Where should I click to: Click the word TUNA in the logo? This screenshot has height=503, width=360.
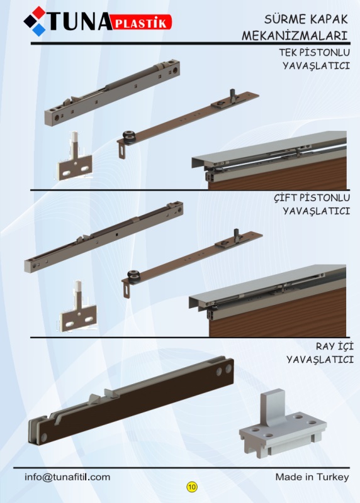pos(79,22)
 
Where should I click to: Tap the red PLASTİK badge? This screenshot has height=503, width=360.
pos(142,22)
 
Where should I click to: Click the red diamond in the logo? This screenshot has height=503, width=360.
pos(39,12)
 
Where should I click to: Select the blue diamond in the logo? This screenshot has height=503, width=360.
pos(39,30)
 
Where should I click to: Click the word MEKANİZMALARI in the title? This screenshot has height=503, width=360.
pos(295,36)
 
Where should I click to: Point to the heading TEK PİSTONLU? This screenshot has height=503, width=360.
pos(314,52)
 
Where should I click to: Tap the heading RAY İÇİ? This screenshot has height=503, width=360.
pos(334,346)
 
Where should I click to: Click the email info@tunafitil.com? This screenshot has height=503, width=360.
pos(67,477)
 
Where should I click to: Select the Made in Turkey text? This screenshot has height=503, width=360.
pos(312,477)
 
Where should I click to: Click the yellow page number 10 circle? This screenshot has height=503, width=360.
pos(192,487)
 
